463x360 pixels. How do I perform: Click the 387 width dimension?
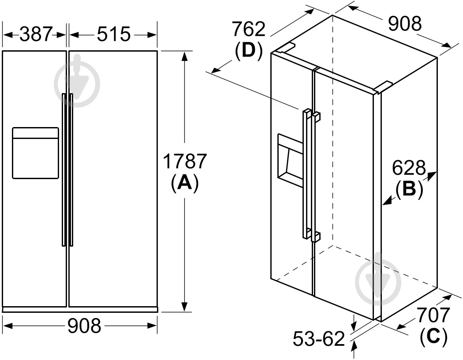(36, 34)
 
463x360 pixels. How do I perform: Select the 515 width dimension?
(113, 34)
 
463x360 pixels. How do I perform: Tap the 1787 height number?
(185, 162)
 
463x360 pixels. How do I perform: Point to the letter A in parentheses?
(184, 183)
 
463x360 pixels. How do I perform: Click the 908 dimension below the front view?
(84, 326)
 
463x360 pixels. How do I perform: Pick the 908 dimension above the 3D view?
(405, 24)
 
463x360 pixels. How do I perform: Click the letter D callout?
(249, 51)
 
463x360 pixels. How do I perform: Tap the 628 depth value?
(409, 168)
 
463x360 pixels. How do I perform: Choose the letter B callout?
(409, 189)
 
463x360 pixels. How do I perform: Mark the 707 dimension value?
(433, 316)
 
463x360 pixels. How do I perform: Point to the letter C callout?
(433, 337)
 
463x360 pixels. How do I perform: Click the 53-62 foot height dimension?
(319, 339)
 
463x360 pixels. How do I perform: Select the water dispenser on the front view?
(35, 153)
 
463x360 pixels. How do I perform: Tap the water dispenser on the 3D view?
(290, 162)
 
